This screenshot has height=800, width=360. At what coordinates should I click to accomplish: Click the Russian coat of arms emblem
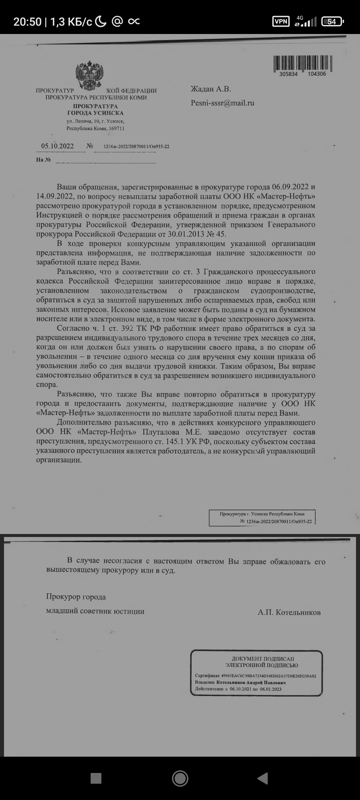89,75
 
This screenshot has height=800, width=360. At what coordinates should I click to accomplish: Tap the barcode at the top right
303,63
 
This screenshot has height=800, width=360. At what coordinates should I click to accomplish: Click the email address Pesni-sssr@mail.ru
222,103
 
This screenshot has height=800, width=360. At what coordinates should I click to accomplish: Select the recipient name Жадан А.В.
211,89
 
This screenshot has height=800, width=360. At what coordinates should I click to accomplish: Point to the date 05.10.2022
57,146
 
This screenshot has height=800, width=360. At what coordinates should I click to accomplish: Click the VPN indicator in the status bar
281,22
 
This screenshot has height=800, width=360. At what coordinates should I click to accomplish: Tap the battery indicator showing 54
332,22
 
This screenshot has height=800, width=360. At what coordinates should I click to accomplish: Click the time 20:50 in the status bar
27,22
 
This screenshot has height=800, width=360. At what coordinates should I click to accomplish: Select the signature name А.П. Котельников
289,612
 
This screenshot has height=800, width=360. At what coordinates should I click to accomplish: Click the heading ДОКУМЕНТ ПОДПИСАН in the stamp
263,659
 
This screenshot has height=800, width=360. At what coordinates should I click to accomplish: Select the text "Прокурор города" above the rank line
76,597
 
